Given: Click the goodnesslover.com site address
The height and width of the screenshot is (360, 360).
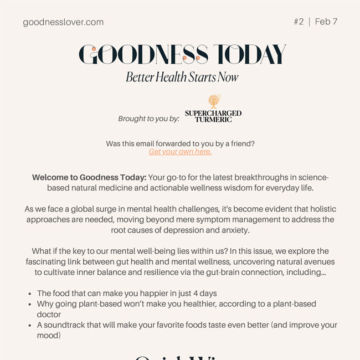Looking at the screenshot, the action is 63,22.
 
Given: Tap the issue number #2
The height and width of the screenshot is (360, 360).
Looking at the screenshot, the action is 299,22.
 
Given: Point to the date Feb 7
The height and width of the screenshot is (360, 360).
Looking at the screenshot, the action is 326,22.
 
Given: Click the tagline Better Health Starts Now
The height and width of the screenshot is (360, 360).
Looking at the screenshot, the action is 182,77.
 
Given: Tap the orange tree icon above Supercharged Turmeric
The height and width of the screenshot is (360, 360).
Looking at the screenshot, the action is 214,101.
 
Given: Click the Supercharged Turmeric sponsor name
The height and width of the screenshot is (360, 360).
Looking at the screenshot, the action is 213,116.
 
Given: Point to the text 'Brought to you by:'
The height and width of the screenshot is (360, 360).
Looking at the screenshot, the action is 149,119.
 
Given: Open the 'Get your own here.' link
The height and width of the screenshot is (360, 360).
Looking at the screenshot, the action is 180,152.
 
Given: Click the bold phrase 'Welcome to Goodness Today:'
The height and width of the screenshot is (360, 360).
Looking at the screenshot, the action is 89,178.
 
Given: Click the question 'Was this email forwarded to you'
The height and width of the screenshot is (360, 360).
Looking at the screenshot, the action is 180,143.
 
